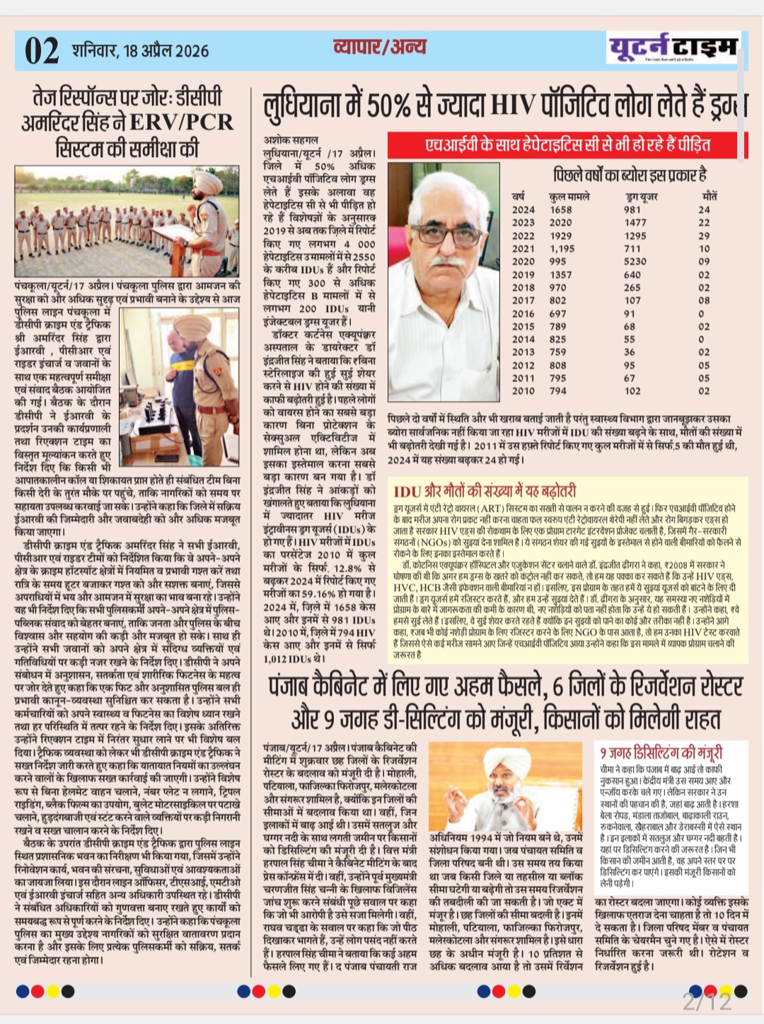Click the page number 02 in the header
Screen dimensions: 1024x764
tap(42, 51)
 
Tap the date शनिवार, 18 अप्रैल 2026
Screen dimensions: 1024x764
tap(140, 51)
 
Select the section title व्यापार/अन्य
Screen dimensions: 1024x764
tap(379, 47)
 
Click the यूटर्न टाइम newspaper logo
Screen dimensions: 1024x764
tap(673, 48)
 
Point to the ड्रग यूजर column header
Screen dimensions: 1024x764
tap(642, 197)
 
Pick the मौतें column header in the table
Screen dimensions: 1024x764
tap(709, 196)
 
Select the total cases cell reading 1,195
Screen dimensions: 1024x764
tap(562, 248)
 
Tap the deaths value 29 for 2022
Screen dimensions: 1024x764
tap(704, 235)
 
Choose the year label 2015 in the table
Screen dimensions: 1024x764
tap(523, 326)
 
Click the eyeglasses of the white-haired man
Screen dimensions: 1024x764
tap(446, 231)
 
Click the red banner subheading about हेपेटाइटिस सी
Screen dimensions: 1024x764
tap(567, 145)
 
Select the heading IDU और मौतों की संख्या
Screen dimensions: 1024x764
tap(485, 490)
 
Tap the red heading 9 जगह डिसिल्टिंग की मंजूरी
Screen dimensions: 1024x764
tap(661, 752)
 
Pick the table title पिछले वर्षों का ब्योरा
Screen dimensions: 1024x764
tap(630, 175)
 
